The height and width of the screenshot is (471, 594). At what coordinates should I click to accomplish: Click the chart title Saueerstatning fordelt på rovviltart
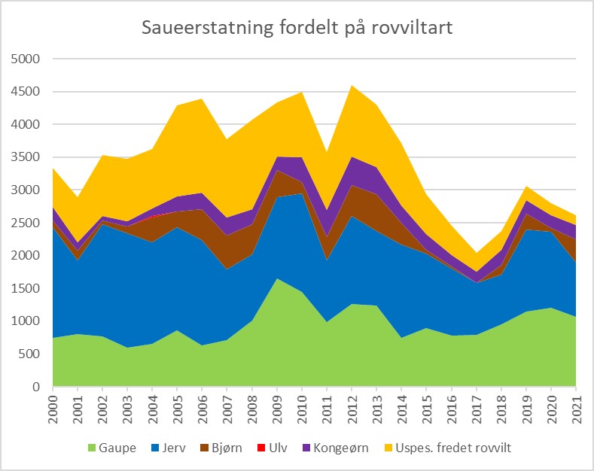(x=297, y=29)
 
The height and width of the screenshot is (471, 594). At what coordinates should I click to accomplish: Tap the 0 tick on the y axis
(x=35, y=387)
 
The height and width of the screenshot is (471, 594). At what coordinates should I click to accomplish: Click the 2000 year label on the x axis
(x=53, y=406)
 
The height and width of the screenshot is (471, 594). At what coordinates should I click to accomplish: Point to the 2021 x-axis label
(x=576, y=406)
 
